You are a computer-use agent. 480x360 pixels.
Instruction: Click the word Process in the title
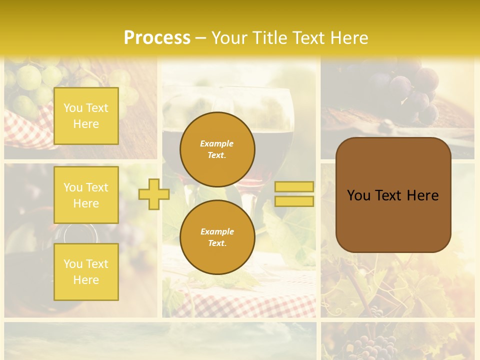(157, 38)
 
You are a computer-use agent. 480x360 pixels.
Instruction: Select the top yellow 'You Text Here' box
(86, 116)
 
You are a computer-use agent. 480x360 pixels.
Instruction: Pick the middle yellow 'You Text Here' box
(86, 195)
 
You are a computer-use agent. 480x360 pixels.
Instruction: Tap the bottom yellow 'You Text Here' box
(86, 271)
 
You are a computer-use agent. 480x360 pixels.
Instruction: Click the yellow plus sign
(153, 194)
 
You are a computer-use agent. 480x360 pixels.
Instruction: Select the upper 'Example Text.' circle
(217, 149)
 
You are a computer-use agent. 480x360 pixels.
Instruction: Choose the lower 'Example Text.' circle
(217, 237)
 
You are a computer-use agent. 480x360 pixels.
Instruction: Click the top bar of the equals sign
(294, 186)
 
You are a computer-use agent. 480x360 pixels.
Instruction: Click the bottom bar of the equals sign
(294, 201)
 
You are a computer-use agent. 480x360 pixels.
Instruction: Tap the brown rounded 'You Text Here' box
(393, 195)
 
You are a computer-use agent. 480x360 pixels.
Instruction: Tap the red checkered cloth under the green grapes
(30, 127)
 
